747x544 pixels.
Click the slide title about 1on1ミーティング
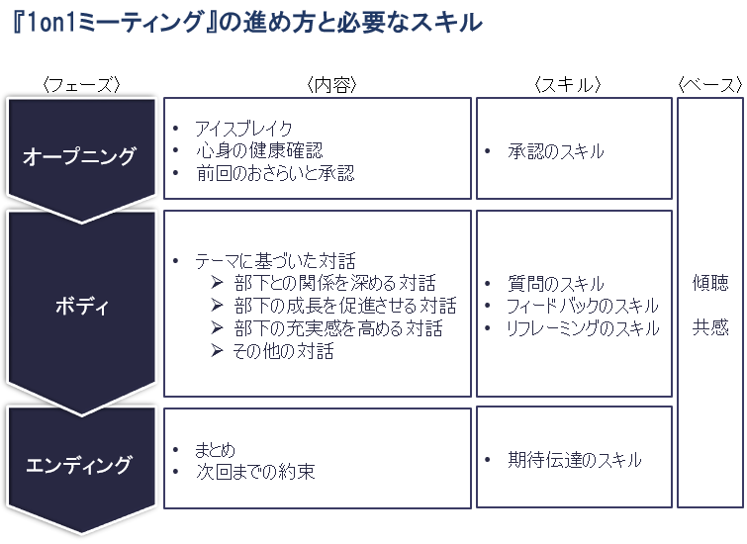(x=247, y=23)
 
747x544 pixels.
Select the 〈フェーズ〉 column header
(x=81, y=85)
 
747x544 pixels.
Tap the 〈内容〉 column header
(x=331, y=85)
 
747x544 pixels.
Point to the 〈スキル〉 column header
(x=567, y=85)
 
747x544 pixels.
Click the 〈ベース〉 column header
(x=709, y=85)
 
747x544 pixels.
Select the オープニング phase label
(x=80, y=155)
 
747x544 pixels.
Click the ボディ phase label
(x=82, y=306)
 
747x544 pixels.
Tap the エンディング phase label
(x=78, y=465)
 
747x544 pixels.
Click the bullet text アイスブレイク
(x=243, y=129)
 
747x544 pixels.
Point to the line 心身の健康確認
(x=259, y=150)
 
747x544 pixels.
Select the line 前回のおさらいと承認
(x=275, y=173)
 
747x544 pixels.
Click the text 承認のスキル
(x=555, y=151)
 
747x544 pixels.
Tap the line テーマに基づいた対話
(x=275, y=261)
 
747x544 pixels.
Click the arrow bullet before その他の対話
(x=218, y=351)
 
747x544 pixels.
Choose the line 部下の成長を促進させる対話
(x=345, y=306)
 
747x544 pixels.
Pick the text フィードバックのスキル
(x=583, y=306)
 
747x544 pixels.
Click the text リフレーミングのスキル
(x=583, y=328)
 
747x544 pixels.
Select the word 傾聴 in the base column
(x=710, y=283)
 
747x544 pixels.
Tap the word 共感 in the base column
(x=710, y=327)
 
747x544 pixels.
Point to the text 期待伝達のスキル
(x=575, y=460)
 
